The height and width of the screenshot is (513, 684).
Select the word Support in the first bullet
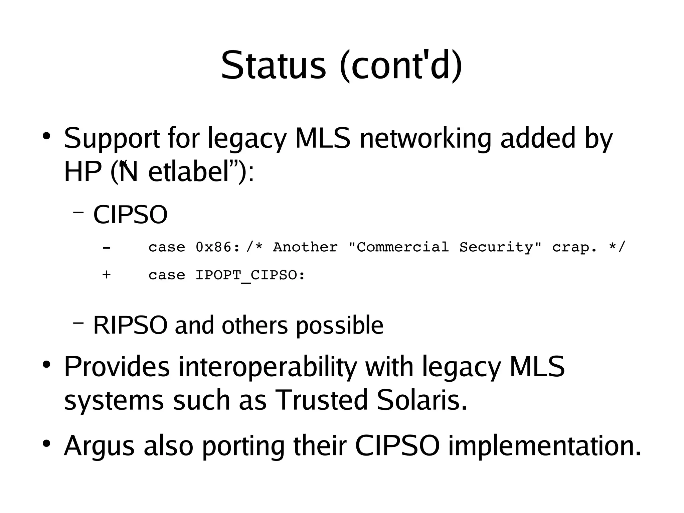pyautogui.click(x=112, y=138)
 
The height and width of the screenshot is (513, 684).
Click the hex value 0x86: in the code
pyautogui.click(x=218, y=247)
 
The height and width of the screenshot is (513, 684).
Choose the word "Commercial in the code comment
pyautogui.click(x=398, y=247)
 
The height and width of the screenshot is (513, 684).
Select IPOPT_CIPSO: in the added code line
pyautogui.click(x=250, y=275)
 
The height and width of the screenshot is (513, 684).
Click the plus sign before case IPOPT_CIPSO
pyautogui.click(x=106, y=275)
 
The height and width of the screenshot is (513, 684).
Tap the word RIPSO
pyautogui.click(x=130, y=325)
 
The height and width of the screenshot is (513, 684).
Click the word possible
pyautogui.click(x=339, y=326)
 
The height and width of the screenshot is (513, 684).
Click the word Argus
pyautogui.click(x=99, y=446)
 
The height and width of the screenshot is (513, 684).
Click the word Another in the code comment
pyautogui.click(x=305, y=247)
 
